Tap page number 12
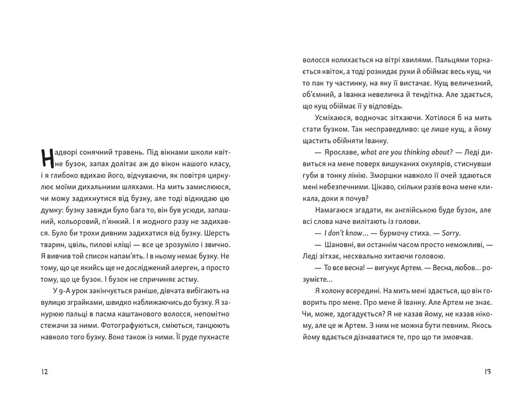tap(45, 371)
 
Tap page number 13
tap(487, 371)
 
